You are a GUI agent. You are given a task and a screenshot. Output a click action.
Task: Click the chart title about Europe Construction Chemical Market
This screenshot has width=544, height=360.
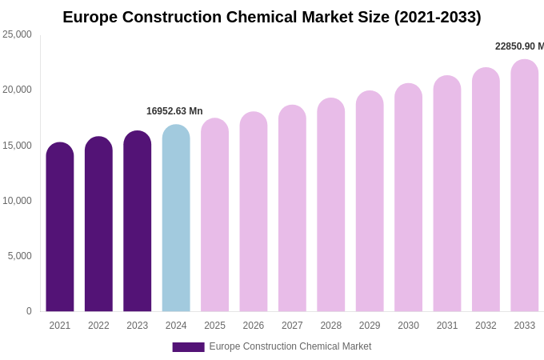(x=272, y=17)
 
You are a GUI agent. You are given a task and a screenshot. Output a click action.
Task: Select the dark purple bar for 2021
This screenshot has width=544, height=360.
(x=60, y=228)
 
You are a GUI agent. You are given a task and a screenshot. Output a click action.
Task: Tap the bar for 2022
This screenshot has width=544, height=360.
(x=98, y=225)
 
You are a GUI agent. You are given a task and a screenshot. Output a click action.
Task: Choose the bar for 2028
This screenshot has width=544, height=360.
(x=331, y=206)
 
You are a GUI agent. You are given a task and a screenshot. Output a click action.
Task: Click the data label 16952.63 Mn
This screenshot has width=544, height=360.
(x=174, y=111)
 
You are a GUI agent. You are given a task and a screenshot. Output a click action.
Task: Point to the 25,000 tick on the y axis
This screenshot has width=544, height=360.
(x=17, y=34)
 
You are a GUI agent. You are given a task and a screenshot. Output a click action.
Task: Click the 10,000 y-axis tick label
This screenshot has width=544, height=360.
(x=17, y=201)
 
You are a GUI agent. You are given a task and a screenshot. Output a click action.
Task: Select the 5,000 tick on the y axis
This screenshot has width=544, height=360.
(x=20, y=256)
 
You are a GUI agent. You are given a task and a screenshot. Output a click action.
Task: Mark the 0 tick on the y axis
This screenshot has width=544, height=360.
(x=29, y=311)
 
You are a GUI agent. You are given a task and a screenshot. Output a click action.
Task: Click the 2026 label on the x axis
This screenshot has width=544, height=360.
(x=254, y=326)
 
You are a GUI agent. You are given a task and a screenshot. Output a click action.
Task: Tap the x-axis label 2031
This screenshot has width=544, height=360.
(x=447, y=326)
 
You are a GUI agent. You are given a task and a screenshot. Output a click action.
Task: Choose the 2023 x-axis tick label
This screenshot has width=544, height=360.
(x=138, y=326)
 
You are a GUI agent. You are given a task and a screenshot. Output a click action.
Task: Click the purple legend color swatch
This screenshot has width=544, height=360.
(x=188, y=347)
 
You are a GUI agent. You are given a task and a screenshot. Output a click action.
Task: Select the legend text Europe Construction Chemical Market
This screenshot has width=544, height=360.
(x=290, y=346)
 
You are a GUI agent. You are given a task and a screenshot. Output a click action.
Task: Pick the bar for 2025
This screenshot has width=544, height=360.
(x=214, y=215)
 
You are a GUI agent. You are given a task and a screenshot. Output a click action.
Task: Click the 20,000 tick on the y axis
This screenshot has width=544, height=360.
(x=17, y=90)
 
